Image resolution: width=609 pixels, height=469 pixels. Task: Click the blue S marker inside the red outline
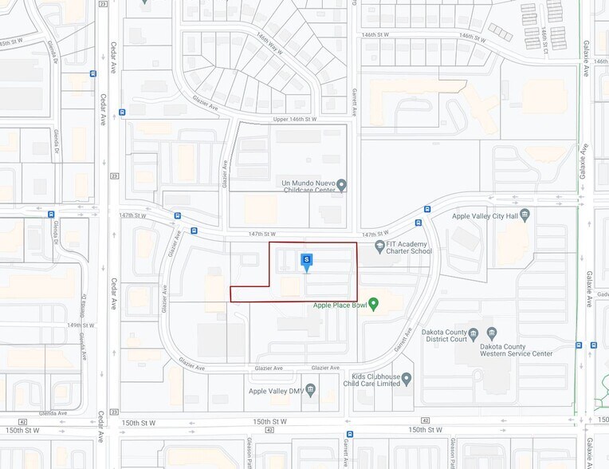pyautogui.click(x=306, y=260)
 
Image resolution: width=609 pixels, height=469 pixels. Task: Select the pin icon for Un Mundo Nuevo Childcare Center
pyautogui.click(x=342, y=186)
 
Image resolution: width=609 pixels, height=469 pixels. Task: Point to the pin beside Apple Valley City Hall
pyautogui.click(x=525, y=215)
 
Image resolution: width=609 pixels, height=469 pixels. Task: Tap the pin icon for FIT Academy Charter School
pyautogui.click(x=379, y=246)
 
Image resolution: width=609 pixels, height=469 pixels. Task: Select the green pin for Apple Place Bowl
pyautogui.click(x=374, y=304)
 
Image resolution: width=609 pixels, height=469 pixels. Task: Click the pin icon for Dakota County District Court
pyautogui.click(x=472, y=333)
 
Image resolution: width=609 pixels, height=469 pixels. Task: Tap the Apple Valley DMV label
pyautogui.click(x=276, y=391)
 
